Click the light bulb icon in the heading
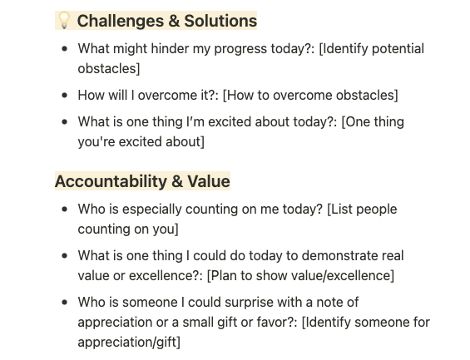pos(64,20)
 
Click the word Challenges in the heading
pos(121,22)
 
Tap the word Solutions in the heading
pos(220,21)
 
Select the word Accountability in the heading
pos(111,182)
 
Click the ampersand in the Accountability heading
pos(177,182)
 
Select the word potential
pos(398,49)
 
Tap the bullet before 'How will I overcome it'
pos(64,96)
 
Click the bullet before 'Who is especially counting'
pos(64,210)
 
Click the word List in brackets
pos(342,209)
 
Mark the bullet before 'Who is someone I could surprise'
pos(64,303)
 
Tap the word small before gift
pos(198,323)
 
